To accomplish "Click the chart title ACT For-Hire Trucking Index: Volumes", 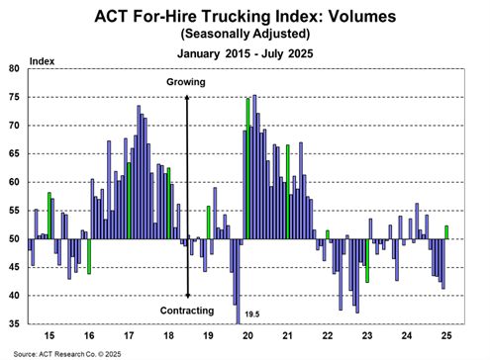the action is point(245,16).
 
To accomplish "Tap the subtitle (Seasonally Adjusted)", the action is point(245,34).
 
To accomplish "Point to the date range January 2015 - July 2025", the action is point(245,53).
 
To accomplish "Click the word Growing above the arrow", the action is point(186,82).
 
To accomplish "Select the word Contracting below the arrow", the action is point(187,311).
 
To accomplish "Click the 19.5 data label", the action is point(252,315).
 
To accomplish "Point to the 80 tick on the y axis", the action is point(14,68).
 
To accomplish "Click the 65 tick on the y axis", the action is point(14,154).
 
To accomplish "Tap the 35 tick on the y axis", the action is point(14,324).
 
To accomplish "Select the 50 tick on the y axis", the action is point(14,239).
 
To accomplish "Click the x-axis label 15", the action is point(49,336).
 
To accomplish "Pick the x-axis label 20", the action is point(247,336).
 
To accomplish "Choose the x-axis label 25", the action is point(446,336).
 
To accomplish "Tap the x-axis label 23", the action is point(367,336).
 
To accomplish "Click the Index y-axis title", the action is point(42,61).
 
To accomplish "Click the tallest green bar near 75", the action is point(247,169).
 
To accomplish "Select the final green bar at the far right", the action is point(446,232).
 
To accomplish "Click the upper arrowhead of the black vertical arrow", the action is point(187,98).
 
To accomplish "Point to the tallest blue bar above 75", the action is point(254,167).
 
